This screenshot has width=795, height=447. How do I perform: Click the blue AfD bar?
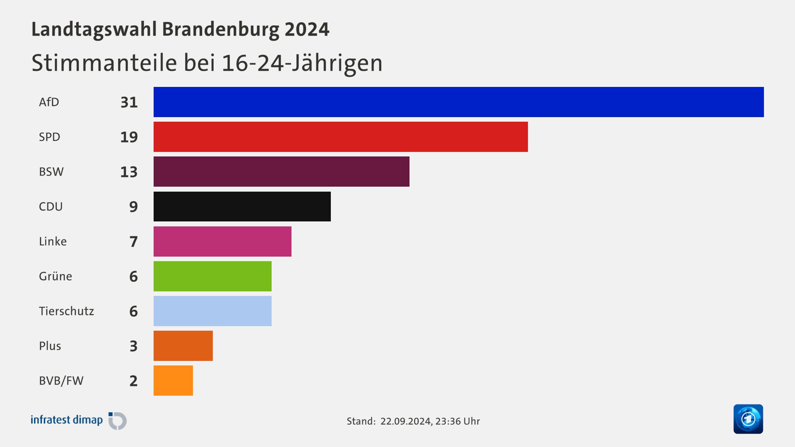click(458, 102)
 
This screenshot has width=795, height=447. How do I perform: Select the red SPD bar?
click(340, 137)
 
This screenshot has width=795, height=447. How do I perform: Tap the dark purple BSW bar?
click(281, 171)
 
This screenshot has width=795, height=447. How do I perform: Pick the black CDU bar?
click(242, 206)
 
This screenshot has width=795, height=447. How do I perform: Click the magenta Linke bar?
click(222, 241)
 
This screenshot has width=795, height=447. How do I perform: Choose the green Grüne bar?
click(212, 276)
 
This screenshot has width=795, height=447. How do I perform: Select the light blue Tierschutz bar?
click(212, 311)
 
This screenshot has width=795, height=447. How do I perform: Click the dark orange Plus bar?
click(183, 346)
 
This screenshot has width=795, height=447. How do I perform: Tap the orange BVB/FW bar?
click(173, 380)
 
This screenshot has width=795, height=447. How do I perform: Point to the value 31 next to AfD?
click(129, 102)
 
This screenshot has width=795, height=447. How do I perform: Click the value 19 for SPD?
click(129, 137)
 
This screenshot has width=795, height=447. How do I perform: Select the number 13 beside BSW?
click(129, 172)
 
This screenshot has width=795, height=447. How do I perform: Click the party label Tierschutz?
click(66, 311)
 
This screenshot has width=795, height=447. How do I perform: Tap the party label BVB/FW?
click(61, 381)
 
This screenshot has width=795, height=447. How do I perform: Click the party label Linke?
click(53, 241)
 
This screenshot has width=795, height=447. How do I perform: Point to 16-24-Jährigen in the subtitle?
click(302, 63)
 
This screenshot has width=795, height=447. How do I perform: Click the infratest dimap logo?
click(79, 420)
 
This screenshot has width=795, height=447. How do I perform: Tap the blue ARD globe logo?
click(748, 419)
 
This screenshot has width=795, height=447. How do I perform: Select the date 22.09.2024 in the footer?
click(406, 421)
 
